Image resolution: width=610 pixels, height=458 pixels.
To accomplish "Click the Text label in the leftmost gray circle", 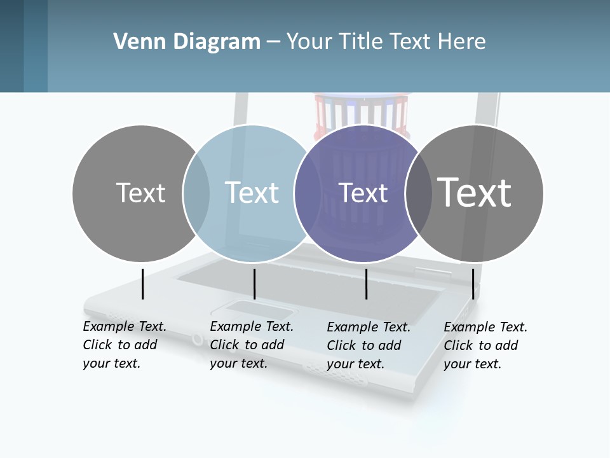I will pyautogui.click(x=140, y=193).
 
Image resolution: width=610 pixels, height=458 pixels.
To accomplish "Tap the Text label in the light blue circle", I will pyautogui.click(x=252, y=193).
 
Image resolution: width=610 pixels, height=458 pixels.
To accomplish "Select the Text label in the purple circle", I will pyautogui.click(x=363, y=193).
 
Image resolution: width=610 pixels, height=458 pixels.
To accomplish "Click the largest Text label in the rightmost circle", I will pyautogui.click(x=475, y=193).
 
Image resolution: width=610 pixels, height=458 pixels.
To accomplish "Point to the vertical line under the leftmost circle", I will pyautogui.click(x=143, y=284).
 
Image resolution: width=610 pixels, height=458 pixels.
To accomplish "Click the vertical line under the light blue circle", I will pyautogui.click(x=254, y=284).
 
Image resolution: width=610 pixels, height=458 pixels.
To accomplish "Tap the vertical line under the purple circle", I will pyautogui.click(x=366, y=284).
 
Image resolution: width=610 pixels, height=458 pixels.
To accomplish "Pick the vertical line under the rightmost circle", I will pyautogui.click(x=473, y=284).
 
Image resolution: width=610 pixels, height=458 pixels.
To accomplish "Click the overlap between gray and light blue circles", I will pyautogui.click(x=196, y=193).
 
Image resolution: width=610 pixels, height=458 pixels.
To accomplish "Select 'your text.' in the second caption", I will pyautogui.click(x=238, y=363).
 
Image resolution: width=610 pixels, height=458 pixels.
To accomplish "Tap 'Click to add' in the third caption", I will pyautogui.click(x=363, y=345).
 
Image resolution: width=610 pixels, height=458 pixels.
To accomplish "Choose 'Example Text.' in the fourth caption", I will pyautogui.click(x=485, y=327).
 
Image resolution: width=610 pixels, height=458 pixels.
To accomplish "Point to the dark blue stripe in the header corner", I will pyautogui.click(x=11, y=46).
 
